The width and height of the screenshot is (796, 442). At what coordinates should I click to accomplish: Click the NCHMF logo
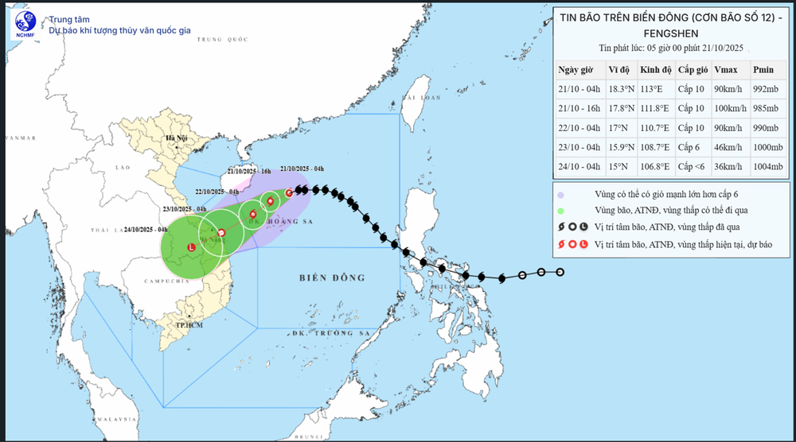point(23,25)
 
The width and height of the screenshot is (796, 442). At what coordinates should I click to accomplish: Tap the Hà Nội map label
point(175,139)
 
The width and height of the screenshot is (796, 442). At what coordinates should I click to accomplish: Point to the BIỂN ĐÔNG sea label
point(332,277)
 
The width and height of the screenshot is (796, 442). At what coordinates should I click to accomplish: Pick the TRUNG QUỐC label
point(220,39)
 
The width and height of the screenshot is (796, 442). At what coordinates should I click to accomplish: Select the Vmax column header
point(725,69)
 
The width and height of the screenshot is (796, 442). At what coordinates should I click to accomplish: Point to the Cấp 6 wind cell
point(690,147)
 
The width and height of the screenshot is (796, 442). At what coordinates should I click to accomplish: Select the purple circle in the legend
point(561,195)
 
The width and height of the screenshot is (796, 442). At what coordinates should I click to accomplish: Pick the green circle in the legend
point(561,210)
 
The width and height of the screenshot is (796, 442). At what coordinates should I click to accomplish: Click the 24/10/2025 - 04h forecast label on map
point(146,230)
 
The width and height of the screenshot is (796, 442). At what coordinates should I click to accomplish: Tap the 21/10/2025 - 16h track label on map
point(248,171)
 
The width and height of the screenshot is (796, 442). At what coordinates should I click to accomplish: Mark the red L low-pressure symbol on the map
point(190,249)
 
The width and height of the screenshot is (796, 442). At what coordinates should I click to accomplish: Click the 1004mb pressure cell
point(768,166)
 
